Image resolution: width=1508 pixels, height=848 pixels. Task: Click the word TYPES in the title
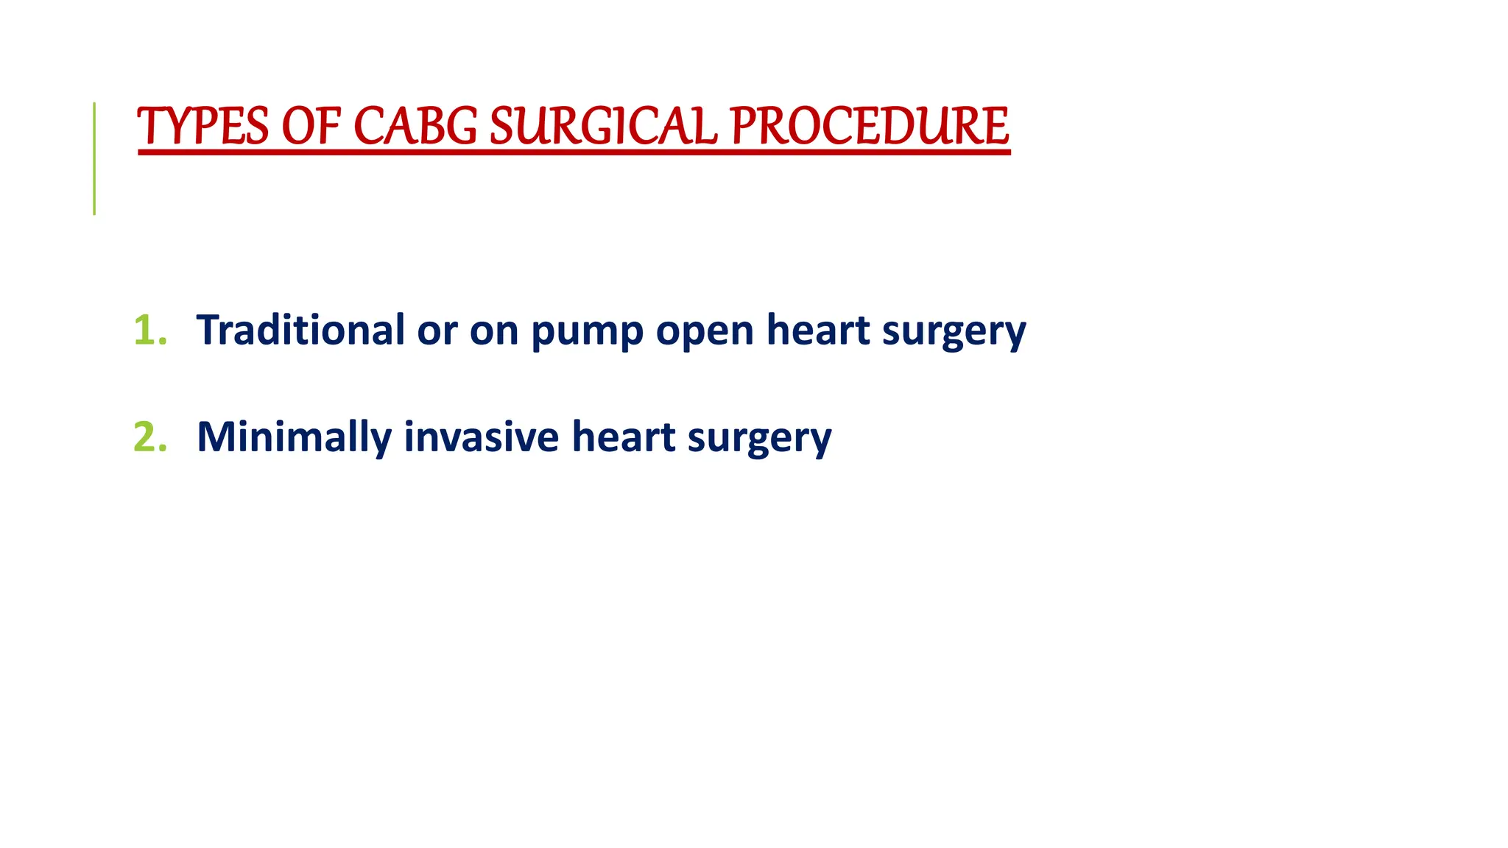click(x=202, y=127)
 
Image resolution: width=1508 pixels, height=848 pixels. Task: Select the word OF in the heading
click(x=311, y=127)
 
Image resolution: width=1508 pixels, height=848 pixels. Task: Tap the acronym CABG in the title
click(x=415, y=127)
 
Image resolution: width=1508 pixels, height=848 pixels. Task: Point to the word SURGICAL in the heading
click(x=603, y=127)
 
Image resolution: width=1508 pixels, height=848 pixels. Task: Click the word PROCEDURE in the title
click(x=870, y=127)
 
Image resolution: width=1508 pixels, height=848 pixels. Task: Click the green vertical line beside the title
click(x=94, y=158)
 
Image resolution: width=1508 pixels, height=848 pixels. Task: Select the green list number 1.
click(x=149, y=331)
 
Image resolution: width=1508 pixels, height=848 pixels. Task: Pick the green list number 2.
click(x=149, y=437)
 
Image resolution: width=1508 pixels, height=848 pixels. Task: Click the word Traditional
click(x=300, y=330)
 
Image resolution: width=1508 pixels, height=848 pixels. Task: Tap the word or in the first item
click(x=437, y=331)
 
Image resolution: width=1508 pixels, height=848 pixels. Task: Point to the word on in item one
click(x=494, y=331)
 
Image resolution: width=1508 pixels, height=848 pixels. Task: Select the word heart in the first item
click(x=818, y=330)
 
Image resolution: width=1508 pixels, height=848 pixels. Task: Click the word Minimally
click(x=295, y=437)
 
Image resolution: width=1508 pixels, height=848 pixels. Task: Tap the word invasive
click(x=482, y=437)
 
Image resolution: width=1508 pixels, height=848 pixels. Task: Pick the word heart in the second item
click(x=624, y=437)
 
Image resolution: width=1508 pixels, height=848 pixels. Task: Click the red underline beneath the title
click(x=574, y=152)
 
